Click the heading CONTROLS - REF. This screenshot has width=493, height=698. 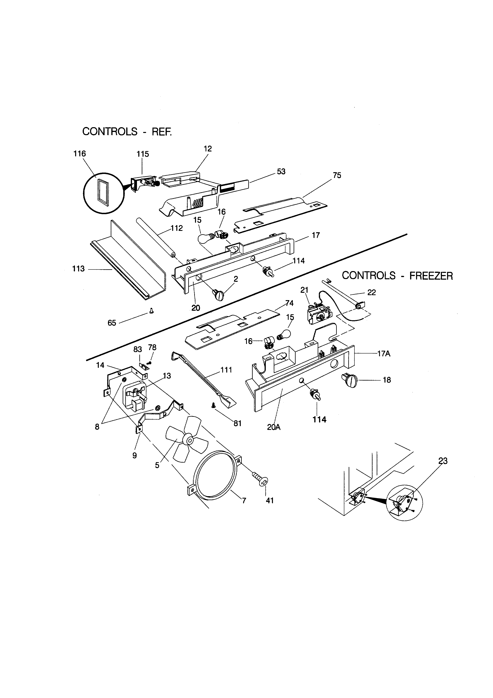point(127,131)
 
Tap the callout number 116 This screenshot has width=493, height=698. point(80,154)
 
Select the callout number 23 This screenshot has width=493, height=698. point(443,461)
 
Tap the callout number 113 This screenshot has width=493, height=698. point(78,269)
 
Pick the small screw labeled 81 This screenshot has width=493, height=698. point(214,405)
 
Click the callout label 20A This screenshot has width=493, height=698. point(274,427)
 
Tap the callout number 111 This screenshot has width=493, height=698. point(226,370)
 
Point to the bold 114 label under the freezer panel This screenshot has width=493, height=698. point(319,420)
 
